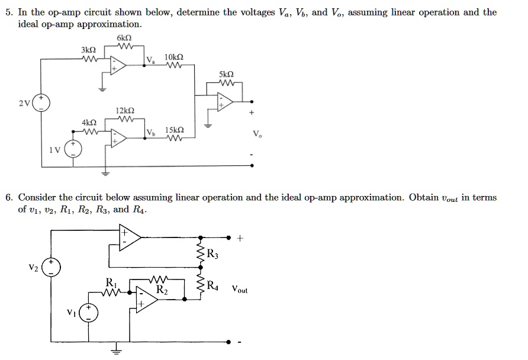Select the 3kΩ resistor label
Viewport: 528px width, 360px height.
pos(88,50)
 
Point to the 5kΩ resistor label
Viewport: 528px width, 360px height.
pos(226,75)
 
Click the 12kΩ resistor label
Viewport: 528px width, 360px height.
pos(125,111)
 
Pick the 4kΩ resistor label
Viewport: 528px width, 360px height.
pos(89,123)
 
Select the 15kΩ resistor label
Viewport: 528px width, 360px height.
pos(174,130)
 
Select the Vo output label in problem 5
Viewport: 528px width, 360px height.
pos(256,134)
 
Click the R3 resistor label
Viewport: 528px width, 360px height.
pos(214,255)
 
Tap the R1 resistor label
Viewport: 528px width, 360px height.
pos(111,281)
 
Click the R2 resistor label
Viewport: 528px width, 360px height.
pos(162,290)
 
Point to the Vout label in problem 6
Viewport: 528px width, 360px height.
pos(240,290)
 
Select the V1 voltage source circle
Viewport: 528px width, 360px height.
pos(89,313)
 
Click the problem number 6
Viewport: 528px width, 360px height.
pos(9,197)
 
